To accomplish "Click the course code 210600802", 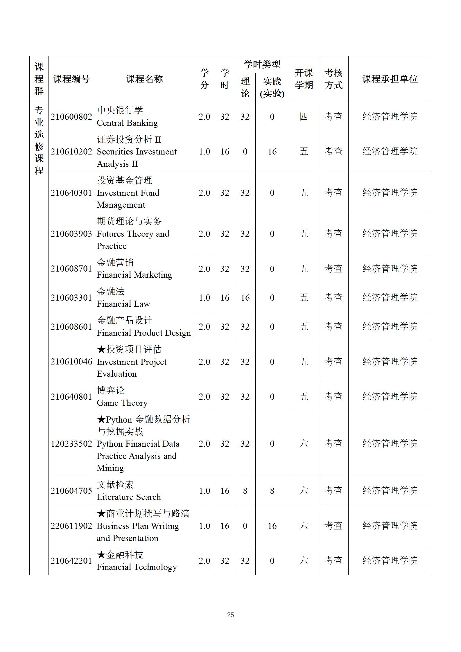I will pyautogui.click(x=71, y=116).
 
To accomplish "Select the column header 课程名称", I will pyautogui.click(x=144, y=79).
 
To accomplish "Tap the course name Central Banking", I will pyautogui.click(x=127, y=123).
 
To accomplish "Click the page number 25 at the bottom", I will pyautogui.click(x=230, y=615).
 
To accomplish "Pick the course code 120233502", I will pyautogui.click(x=71, y=443).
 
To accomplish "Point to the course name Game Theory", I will pyautogui.click(x=122, y=403).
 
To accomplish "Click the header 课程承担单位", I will pyautogui.click(x=390, y=79).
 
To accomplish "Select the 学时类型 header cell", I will pyautogui.click(x=262, y=64).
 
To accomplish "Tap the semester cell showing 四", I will pyautogui.click(x=304, y=116).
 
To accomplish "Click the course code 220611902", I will pyautogui.click(x=71, y=526).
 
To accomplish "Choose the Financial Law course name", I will pyautogui.click(x=123, y=304).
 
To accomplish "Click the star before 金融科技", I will pyautogui.click(x=101, y=555).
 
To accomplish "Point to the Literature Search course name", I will pyautogui.click(x=129, y=497).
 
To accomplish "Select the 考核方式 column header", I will pyautogui.click(x=333, y=79).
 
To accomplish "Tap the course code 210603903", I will pyautogui.click(x=71, y=234).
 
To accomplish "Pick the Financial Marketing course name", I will pyautogui.click(x=134, y=275).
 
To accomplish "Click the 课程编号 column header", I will pyautogui.click(x=71, y=79).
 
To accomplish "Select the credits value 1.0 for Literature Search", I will pyautogui.click(x=204, y=491).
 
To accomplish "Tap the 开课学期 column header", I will pyautogui.click(x=304, y=79).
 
